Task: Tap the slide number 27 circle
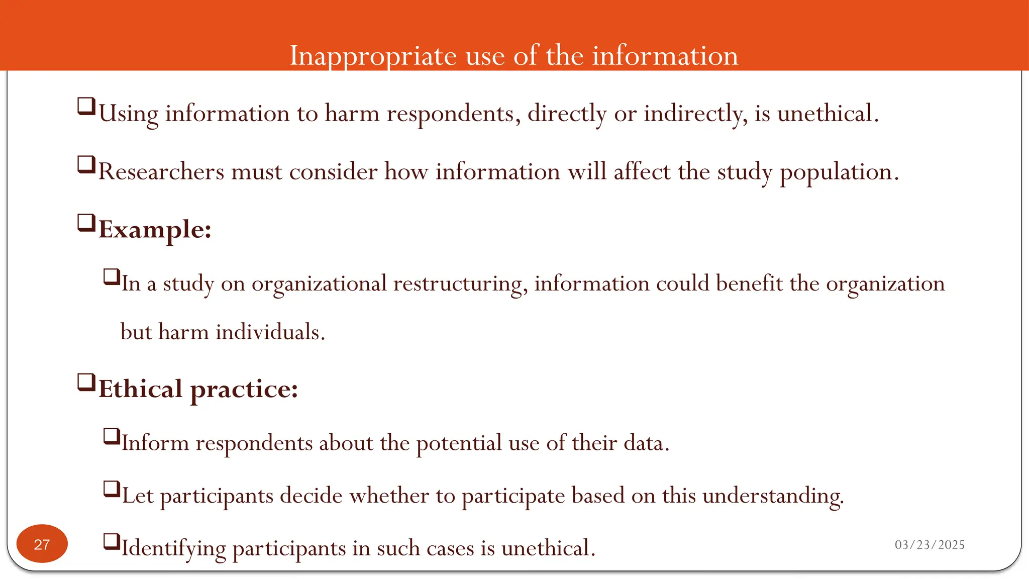point(42,544)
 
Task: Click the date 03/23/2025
point(930,545)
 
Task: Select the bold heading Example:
point(155,230)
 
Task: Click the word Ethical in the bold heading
point(140,389)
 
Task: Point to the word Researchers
point(161,172)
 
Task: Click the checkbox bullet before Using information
point(86,107)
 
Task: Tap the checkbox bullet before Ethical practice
point(86,382)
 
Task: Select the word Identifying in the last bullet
point(173,548)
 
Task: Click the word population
point(839,172)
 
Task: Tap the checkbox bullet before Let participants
point(112,489)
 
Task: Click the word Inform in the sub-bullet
point(155,443)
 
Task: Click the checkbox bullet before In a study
point(112,276)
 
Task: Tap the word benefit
point(749,283)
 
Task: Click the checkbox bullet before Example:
point(86,223)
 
